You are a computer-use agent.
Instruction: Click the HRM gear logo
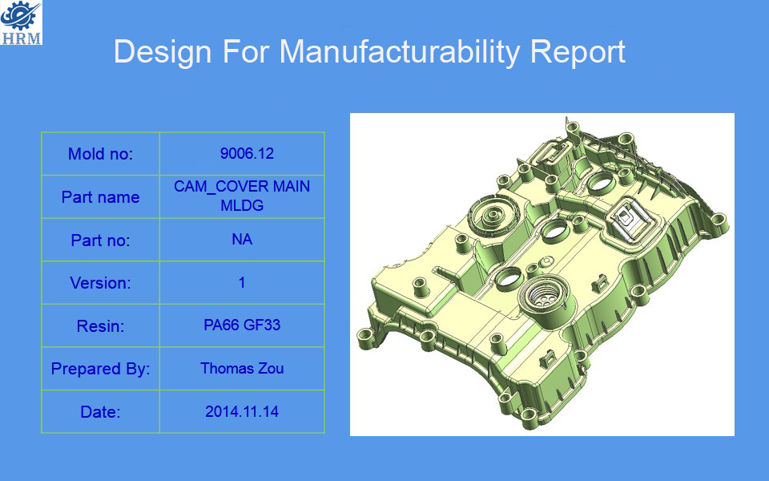(21, 22)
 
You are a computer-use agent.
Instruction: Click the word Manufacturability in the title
(399, 52)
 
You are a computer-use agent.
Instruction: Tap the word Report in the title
(578, 52)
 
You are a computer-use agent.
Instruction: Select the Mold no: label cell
(101, 154)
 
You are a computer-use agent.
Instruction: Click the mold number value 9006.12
(247, 154)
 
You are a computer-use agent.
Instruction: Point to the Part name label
(101, 197)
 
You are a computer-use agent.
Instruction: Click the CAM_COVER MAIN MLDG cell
(242, 196)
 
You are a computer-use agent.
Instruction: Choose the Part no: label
(101, 240)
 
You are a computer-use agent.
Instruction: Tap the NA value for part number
(242, 240)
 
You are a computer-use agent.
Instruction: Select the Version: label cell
(101, 283)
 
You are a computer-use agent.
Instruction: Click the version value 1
(242, 283)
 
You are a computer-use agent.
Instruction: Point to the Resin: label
(101, 326)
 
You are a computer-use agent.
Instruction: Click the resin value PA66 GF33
(242, 325)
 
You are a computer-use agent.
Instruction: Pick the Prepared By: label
(101, 369)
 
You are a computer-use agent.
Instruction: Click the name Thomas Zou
(242, 368)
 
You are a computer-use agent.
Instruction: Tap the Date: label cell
(101, 411)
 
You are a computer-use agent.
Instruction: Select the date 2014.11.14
(242, 411)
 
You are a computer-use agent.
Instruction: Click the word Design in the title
(163, 52)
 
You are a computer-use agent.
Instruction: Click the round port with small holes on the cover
(543, 297)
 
